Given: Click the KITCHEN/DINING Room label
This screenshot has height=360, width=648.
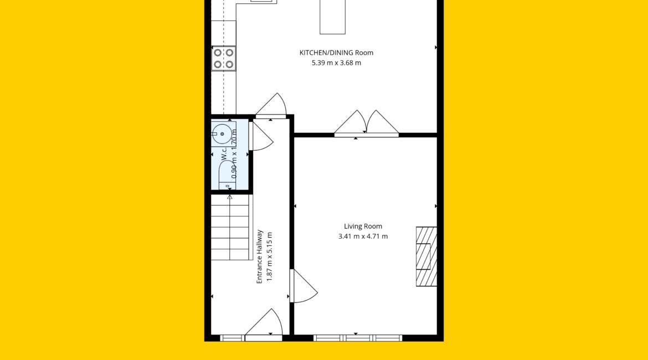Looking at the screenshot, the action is [x=336, y=53].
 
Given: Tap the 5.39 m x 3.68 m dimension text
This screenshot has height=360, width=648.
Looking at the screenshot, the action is [x=336, y=63].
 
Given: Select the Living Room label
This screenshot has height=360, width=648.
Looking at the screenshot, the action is [x=363, y=227].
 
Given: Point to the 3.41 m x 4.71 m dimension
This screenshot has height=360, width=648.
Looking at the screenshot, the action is [x=363, y=236].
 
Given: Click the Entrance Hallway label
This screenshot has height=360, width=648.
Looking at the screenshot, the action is [x=260, y=256].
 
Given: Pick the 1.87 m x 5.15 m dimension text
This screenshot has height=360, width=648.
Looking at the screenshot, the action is [x=270, y=256].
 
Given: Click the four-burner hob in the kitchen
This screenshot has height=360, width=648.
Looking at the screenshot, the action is [x=224, y=58].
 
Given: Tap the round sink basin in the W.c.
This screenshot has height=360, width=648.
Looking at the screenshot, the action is [x=222, y=134].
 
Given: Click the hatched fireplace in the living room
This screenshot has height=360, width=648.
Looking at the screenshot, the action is [x=426, y=256].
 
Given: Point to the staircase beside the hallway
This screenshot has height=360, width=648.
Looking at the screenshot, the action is [x=230, y=227].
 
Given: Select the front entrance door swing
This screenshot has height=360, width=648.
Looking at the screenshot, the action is [x=264, y=323].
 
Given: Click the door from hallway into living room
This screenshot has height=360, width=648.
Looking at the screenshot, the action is [x=304, y=286].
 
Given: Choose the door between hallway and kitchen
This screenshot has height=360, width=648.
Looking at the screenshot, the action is [x=271, y=105].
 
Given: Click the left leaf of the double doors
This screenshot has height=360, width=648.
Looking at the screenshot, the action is [x=351, y=122].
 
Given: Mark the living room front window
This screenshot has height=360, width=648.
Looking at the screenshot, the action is [x=358, y=338].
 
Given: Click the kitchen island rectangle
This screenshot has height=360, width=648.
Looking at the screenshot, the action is [x=333, y=17].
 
